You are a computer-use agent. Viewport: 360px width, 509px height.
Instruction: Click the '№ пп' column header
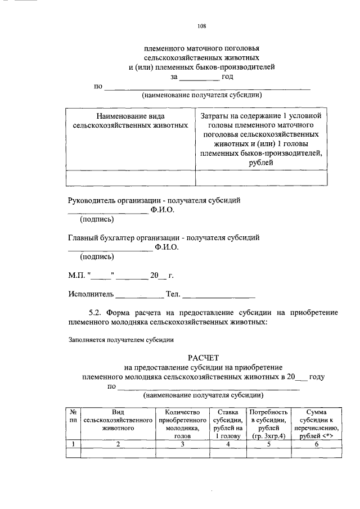[73, 416]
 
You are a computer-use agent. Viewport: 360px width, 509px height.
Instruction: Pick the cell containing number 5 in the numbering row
[269, 444]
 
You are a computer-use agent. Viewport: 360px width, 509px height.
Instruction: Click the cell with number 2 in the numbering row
[118, 444]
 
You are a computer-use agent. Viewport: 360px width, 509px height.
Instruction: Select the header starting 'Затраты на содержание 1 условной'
[262, 139]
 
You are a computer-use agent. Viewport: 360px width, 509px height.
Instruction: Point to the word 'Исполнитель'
[91, 294]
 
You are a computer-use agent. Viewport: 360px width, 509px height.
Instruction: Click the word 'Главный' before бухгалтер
[83, 238]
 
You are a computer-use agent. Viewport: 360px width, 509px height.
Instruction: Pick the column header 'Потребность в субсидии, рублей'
[269, 424]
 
